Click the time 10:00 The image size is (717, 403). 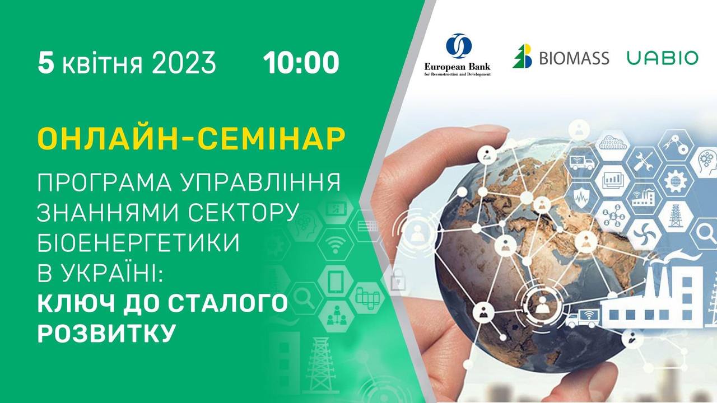(301, 63)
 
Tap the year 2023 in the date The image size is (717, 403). (184, 63)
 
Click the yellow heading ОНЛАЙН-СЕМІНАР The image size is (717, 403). (192, 139)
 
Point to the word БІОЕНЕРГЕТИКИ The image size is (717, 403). (138, 242)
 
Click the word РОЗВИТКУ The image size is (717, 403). (106, 332)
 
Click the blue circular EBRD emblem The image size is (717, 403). (459, 46)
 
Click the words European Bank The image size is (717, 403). (457, 67)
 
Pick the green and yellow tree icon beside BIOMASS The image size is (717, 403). (522, 56)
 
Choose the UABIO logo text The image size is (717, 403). (662, 58)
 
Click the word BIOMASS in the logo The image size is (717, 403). (574, 58)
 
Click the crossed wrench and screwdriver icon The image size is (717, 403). (644, 162)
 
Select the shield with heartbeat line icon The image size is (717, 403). (580, 198)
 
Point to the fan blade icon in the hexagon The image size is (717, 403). (644, 235)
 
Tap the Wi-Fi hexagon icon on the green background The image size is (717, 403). (336, 245)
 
